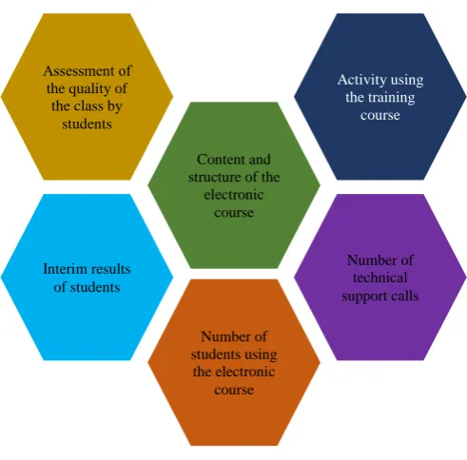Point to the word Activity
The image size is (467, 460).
362,80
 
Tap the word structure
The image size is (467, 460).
212,177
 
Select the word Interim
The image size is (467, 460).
65,269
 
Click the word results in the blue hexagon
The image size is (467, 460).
110,269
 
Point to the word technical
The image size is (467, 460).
380,278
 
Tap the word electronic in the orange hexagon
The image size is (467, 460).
249,372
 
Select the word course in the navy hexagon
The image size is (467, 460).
380,115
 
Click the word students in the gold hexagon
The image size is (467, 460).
87,124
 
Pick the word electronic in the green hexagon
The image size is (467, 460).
234,195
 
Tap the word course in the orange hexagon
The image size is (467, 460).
234,390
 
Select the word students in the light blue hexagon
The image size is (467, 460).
95,287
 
